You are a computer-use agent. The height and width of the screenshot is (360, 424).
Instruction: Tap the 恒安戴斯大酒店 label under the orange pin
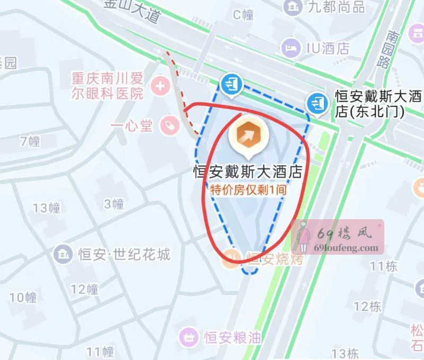tap(247, 173)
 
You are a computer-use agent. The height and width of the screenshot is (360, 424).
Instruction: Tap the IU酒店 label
tap(328, 48)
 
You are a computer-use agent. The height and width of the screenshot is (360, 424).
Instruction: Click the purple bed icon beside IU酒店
tap(290, 48)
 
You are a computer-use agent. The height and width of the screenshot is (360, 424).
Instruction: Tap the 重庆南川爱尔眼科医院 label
tap(108, 87)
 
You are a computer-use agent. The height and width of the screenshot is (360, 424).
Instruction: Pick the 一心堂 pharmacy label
tap(131, 126)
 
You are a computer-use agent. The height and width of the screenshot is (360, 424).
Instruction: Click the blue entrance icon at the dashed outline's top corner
tap(232, 83)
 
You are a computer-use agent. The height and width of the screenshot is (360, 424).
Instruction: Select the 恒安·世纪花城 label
tap(124, 254)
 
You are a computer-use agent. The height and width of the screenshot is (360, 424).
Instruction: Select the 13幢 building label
tap(47, 208)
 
